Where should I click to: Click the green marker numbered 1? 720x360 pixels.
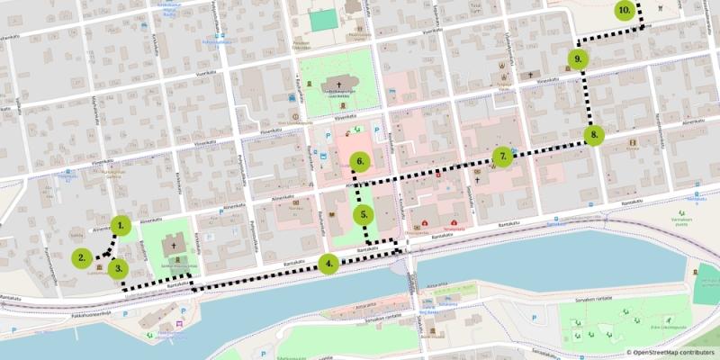(121, 227)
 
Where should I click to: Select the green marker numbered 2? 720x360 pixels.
(82, 257)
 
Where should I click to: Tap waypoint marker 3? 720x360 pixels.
(117, 268)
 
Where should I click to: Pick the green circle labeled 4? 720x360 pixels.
(328, 264)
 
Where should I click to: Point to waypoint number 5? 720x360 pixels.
(363, 215)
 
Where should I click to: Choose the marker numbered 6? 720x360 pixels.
(359, 163)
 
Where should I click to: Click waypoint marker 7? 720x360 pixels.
(503, 157)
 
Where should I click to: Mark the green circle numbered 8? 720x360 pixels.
(592, 136)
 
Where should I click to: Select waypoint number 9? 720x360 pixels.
(578, 59)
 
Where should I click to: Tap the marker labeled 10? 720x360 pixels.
(624, 11)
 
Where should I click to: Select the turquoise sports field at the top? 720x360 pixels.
(320, 19)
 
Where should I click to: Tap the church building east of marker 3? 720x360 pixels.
(174, 244)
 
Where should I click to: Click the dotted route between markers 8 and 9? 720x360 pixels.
(586, 97)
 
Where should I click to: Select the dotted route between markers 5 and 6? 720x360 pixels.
(357, 190)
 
